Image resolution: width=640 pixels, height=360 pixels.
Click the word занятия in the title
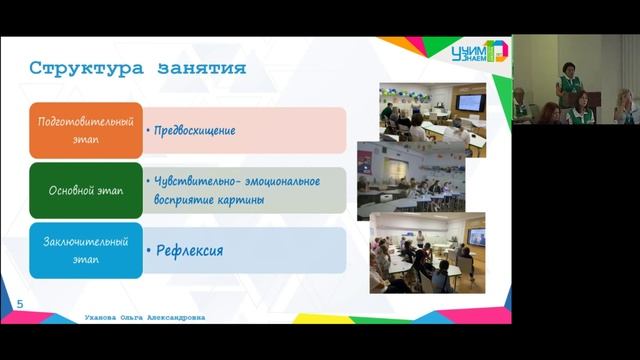[201, 68]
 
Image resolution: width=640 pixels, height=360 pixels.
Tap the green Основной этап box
[86, 189]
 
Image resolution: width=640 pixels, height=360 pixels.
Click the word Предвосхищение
[195, 130]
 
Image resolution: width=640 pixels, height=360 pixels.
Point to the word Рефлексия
[190, 250]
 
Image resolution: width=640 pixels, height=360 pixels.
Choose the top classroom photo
[432, 110]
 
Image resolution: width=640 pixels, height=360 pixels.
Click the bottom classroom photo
[428, 252]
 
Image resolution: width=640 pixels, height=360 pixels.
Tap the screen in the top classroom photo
[468, 101]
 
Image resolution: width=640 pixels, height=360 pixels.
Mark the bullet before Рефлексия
[150, 251]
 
